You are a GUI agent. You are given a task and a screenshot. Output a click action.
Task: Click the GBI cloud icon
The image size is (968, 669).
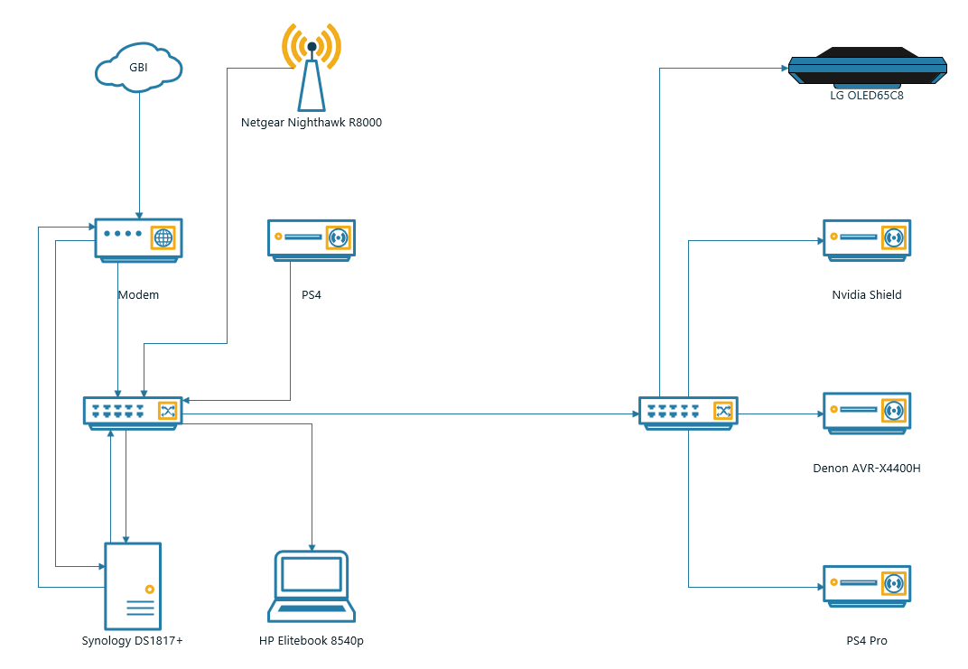pyautogui.click(x=139, y=69)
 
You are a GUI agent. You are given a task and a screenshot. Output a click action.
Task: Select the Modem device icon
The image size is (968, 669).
pyautogui.click(x=138, y=239)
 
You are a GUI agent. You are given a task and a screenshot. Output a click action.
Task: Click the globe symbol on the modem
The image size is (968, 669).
pyautogui.click(x=163, y=237)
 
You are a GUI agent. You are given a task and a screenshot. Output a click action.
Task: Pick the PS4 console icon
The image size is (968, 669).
pyautogui.click(x=312, y=239)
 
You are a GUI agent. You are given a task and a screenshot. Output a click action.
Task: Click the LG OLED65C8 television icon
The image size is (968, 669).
pyautogui.click(x=867, y=67)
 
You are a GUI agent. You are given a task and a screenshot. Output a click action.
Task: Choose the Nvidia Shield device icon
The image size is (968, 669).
pyautogui.click(x=867, y=239)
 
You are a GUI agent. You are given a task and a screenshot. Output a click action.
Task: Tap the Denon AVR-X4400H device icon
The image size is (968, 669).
pyautogui.click(x=867, y=413)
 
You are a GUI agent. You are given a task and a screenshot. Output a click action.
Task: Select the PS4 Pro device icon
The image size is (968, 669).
pyautogui.click(x=867, y=585)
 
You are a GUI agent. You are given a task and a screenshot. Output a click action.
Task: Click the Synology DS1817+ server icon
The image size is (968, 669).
pyautogui.click(x=133, y=586)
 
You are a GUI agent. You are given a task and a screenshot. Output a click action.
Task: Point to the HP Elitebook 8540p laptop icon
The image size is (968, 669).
pyautogui.click(x=312, y=586)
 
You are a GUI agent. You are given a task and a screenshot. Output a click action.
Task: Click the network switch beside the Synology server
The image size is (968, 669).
pyautogui.click(x=133, y=412)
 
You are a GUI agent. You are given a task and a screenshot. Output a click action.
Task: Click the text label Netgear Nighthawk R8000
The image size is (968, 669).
pyautogui.click(x=312, y=122)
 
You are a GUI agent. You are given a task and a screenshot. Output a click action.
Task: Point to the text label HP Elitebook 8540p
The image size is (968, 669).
pyautogui.click(x=312, y=641)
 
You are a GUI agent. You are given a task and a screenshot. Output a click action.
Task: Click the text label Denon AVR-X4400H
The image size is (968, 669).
pyautogui.click(x=867, y=468)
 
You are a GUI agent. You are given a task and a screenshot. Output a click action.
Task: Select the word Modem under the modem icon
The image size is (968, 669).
pyautogui.click(x=138, y=294)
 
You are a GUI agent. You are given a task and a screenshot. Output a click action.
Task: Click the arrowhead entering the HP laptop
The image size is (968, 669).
pyautogui.click(x=312, y=546)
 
